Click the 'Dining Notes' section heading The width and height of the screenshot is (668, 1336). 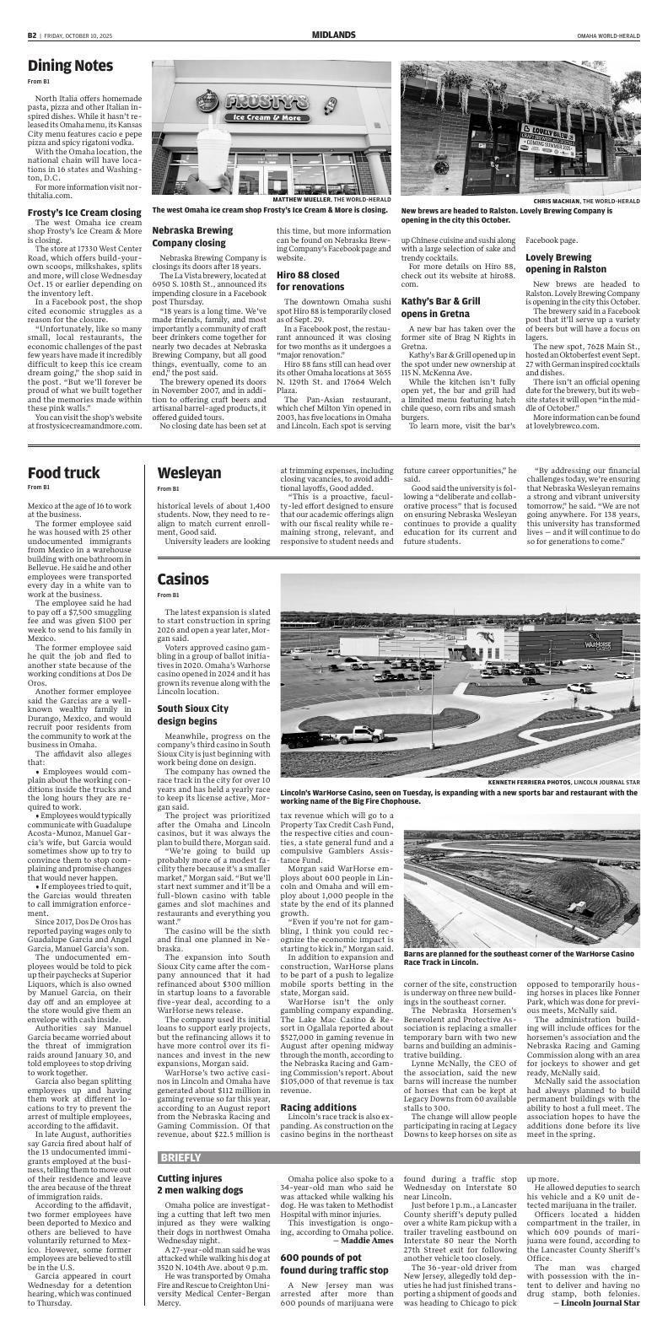coord(70,66)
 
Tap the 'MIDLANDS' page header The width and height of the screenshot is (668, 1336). coord(333,35)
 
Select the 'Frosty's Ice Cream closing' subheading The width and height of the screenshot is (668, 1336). coord(84,213)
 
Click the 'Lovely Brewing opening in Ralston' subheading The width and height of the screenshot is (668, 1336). coord(570,263)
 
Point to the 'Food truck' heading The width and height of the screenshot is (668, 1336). coord(63,472)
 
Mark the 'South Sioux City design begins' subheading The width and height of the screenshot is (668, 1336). coord(192,715)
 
